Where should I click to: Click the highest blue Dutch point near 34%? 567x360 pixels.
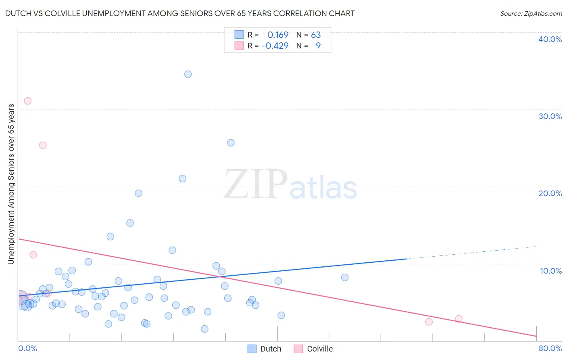pyautogui.click(x=188, y=74)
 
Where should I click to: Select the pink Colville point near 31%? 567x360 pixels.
pyautogui.click(x=28, y=101)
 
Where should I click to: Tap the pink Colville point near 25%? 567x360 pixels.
pyautogui.click(x=43, y=145)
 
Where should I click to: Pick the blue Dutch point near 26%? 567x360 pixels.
pyautogui.click(x=231, y=143)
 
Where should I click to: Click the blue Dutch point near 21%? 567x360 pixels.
pyautogui.click(x=182, y=179)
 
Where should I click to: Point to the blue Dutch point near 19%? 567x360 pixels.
pyautogui.click(x=138, y=193)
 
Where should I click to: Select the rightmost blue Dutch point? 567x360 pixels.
pyautogui.click(x=345, y=278)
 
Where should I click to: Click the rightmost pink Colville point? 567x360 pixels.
pyautogui.click(x=459, y=319)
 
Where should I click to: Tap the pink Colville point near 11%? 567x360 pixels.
pyautogui.click(x=33, y=255)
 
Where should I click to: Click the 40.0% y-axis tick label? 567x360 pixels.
pyautogui.click(x=550, y=39)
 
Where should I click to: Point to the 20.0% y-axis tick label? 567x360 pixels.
pyautogui.click(x=550, y=193)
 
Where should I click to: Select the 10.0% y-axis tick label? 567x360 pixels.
pyautogui.click(x=551, y=271)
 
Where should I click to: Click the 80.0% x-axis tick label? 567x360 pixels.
pyautogui.click(x=550, y=348)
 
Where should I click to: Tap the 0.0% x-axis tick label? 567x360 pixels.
pyautogui.click(x=28, y=348)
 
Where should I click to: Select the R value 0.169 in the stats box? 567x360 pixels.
pyautogui.click(x=278, y=35)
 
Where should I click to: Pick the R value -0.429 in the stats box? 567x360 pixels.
pyautogui.click(x=275, y=46)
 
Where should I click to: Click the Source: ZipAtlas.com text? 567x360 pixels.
pyautogui.click(x=531, y=14)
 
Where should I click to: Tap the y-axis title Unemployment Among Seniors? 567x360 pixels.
pyautogui.click(x=11, y=184)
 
